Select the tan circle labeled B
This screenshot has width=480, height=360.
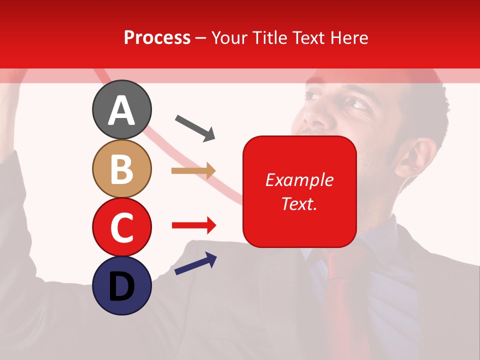pos(121,168)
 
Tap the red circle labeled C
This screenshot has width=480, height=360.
pos(121,226)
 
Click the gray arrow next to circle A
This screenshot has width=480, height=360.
pos(195,127)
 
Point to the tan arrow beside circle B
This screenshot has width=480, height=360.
pos(193,171)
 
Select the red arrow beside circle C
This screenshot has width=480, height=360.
pos(194,226)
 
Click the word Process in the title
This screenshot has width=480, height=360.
pos(157,37)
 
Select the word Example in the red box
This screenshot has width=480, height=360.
pos(299,180)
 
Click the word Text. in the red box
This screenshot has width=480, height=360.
pos(299,203)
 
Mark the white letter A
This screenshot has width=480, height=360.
pos(121,111)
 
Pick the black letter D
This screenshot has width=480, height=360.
pos(121,286)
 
